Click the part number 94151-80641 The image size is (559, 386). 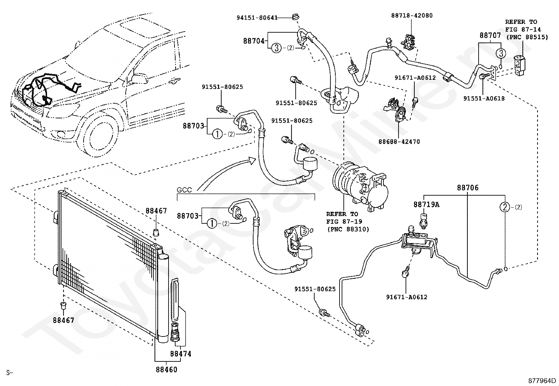pyautogui.click(x=257, y=17)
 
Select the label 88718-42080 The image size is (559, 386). pyautogui.click(x=412, y=15)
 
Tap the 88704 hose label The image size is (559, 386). pyautogui.click(x=254, y=41)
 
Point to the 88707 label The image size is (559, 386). pyautogui.click(x=490, y=35)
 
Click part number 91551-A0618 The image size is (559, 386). pyautogui.click(x=484, y=99)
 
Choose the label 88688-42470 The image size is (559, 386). pyautogui.click(x=399, y=142)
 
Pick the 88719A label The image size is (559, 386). pyautogui.click(x=426, y=204)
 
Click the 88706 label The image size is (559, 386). pyautogui.click(x=467, y=188)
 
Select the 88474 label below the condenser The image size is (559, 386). pyautogui.click(x=180, y=354)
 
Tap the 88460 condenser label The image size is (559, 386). pyautogui.click(x=166, y=369)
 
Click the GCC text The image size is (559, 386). pyautogui.click(x=184, y=190)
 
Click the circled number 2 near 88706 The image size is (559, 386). pyautogui.click(x=505, y=207)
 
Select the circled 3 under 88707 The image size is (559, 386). pyautogui.click(x=501, y=53)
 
